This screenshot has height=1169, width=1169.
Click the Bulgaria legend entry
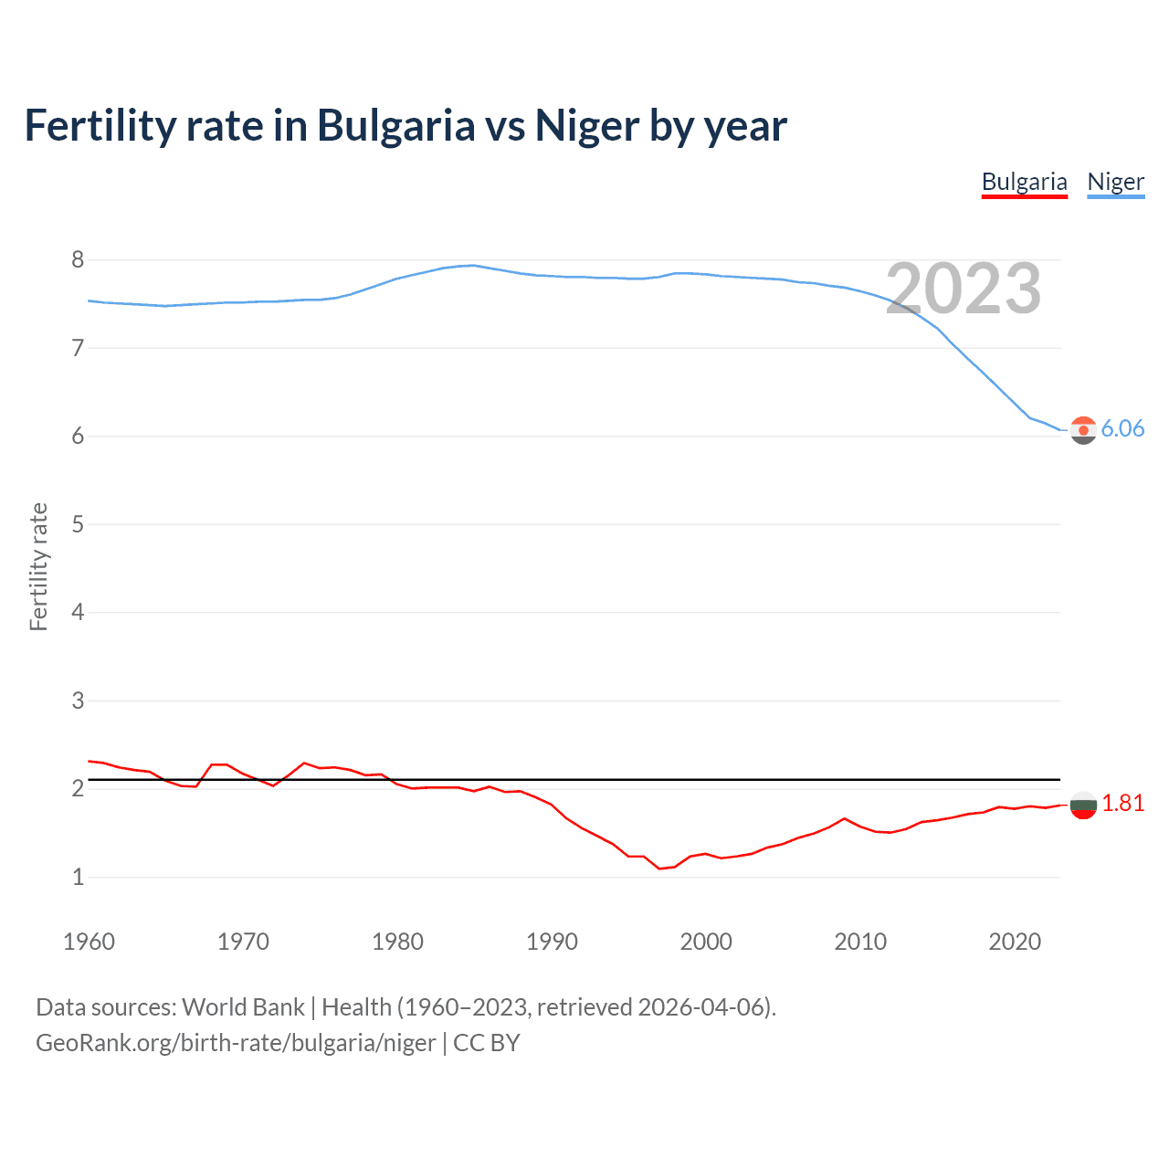click(x=1024, y=182)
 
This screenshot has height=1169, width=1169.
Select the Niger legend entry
click(x=1115, y=182)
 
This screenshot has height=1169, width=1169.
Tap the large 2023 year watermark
click(x=963, y=289)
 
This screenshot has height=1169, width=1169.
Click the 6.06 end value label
click(x=1122, y=428)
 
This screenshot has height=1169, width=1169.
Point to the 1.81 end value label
click(x=1122, y=803)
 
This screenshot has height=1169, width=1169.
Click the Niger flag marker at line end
click(x=1083, y=429)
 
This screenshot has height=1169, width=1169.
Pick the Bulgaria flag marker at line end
click(x=1083, y=805)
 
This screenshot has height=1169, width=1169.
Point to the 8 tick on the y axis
click(x=78, y=260)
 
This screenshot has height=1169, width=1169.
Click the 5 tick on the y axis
click(x=78, y=524)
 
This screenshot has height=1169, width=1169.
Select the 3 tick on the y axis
click(x=78, y=700)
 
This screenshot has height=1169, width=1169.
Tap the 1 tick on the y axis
click(x=78, y=877)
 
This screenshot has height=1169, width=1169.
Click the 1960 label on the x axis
click(x=89, y=942)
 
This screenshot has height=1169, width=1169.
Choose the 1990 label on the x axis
click(x=552, y=942)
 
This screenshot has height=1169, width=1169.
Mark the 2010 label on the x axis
click(x=860, y=942)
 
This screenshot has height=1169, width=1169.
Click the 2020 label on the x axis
click(x=1015, y=942)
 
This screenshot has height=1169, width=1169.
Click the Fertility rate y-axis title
click(x=38, y=566)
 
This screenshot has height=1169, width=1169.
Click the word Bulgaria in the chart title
click(x=395, y=125)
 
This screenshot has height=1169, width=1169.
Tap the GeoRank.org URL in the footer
click(x=236, y=1043)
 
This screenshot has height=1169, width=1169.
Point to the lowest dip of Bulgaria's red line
click(x=659, y=869)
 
